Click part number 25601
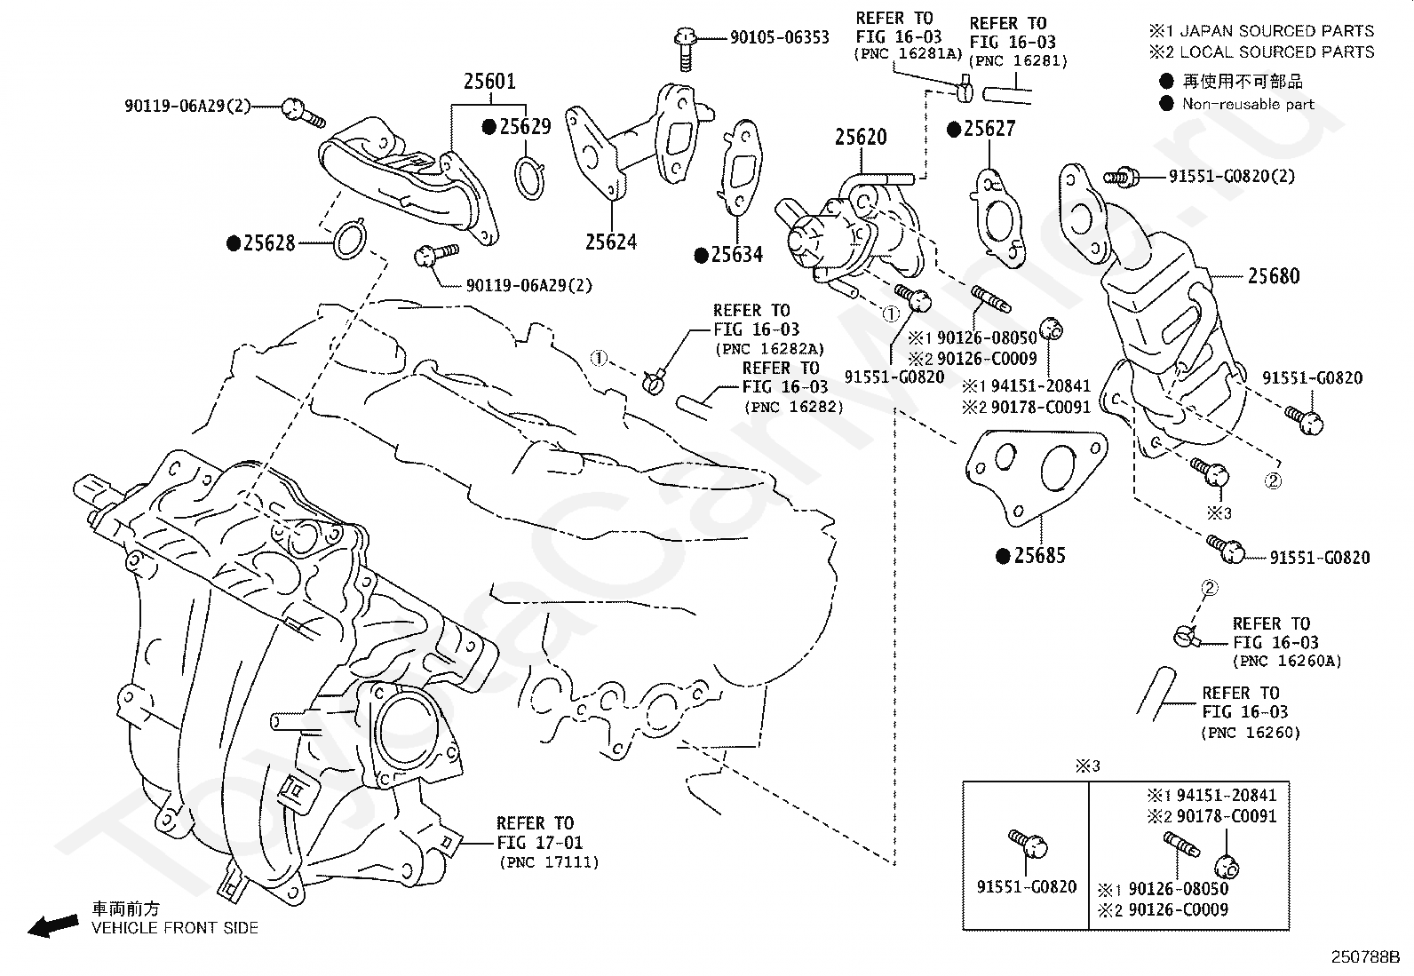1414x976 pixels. pyautogui.click(x=489, y=82)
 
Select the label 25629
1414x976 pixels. pyautogui.click(x=524, y=127)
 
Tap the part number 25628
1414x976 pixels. pyautogui.click(x=268, y=242)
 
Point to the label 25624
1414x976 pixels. pyautogui.click(x=611, y=242)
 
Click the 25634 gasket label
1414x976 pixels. pyautogui.click(x=736, y=256)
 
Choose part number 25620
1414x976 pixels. pyautogui.click(x=860, y=138)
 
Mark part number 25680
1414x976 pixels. pyautogui.click(x=1273, y=276)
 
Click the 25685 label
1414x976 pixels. pyautogui.click(x=1039, y=556)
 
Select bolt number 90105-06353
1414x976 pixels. pyautogui.click(x=779, y=37)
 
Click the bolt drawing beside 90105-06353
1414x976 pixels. pyautogui.click(x=684, y=47)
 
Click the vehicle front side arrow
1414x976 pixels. pyautogui.click(x=52, y=925)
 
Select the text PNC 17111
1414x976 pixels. pyautogui.click(x=548, y=862)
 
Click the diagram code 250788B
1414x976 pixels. pyautogui.click(x=1364, y=957)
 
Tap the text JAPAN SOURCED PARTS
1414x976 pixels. pyautogui.click(x=1276, y=31)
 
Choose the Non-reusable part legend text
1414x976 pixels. pyautogui.click(x=1248, y=104)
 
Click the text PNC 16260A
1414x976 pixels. pyautogui.click(x=1287, y=662)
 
